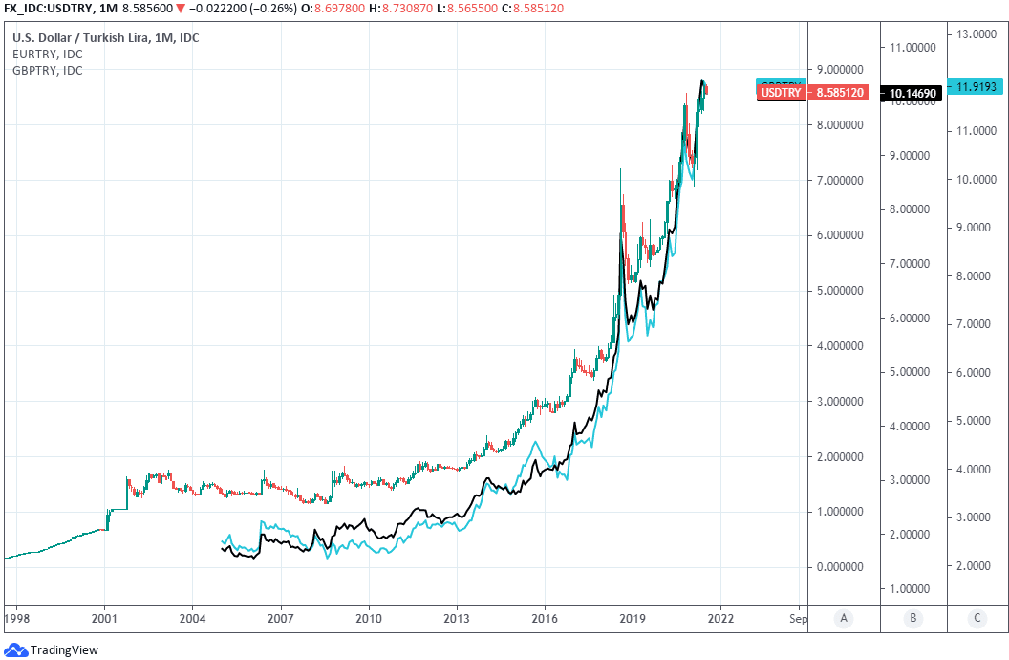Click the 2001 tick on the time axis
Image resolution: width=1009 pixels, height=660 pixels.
[104, 618]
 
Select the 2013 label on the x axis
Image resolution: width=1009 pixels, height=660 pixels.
[457, 618]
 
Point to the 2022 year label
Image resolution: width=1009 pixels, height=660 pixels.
[720, 618]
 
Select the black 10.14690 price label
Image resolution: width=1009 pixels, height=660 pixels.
[913, 93]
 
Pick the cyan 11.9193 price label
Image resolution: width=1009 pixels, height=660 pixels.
[977, 86]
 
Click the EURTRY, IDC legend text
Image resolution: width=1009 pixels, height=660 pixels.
[47, 55]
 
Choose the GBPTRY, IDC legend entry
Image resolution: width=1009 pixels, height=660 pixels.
[47, 71]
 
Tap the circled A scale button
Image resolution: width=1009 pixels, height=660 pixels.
[843, 618]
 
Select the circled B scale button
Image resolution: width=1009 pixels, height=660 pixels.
[912, 618]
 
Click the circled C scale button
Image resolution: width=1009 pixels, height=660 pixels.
[977, 618]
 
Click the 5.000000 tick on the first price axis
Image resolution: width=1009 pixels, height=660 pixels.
[841, 291]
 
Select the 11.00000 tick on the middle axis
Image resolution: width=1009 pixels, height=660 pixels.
[912, 47]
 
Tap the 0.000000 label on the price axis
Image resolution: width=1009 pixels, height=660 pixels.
[841, 567]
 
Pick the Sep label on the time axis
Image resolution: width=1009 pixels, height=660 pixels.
[797, 618]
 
